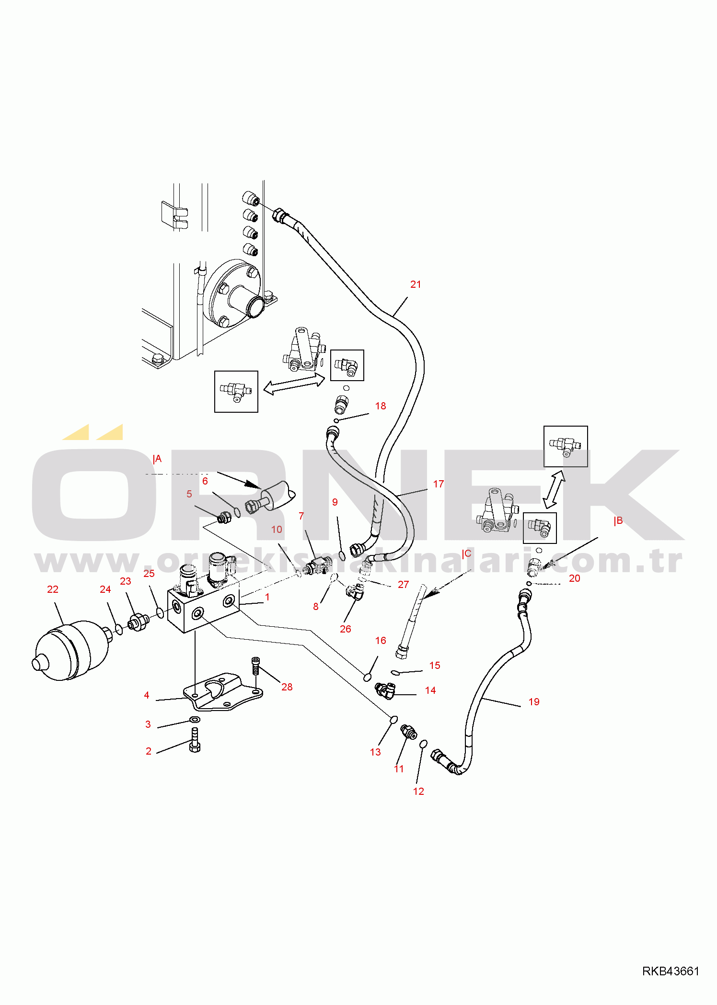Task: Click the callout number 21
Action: [416, 284]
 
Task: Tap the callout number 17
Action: [438, 484]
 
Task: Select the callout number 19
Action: [534, 702]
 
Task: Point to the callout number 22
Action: [53, 589]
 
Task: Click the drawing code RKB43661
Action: [671, 971]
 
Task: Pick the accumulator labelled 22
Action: [71, 650]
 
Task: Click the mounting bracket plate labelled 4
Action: [223, 692]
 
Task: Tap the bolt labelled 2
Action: [195, 740]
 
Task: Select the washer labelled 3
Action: [195, 719]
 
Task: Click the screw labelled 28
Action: [255, 666]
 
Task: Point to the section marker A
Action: [157, 459]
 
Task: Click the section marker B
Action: [618, 521]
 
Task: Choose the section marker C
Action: [467, 553]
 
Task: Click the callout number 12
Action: [418, 791]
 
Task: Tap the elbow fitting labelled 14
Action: [385, 690]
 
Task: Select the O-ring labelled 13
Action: [393, 719]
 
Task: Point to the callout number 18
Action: [381, 406]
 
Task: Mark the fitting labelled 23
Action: [139, 622]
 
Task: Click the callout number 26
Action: [346, 629]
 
